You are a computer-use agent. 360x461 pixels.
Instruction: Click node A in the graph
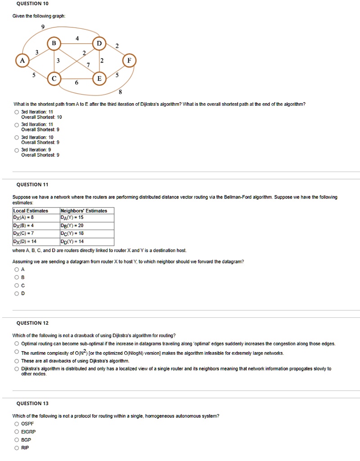coord(21,60)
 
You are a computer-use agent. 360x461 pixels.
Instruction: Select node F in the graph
coord(129,60)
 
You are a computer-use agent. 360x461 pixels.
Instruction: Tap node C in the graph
coord(54,78)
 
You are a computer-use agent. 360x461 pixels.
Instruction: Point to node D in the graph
coord(99,43)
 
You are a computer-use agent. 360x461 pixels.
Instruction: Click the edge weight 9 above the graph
coord(43,27)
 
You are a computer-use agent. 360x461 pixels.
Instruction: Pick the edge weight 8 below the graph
coord(120,92)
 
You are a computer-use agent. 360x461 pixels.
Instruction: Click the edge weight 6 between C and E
coord(76,83)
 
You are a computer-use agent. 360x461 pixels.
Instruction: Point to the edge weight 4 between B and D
coord(77,39)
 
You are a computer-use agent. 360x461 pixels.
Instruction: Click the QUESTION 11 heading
coord(32,185)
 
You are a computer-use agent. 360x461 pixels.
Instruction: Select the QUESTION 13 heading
coord(32,403)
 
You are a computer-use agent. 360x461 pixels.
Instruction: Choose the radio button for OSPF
coord(17,424)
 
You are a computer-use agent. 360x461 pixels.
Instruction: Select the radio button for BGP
coord(17,440)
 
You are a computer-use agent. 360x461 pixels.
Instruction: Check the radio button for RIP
coord(17,448)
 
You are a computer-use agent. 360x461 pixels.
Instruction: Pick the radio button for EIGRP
coord(17,432)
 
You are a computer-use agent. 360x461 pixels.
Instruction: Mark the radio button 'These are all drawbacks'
coord(17,361)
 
